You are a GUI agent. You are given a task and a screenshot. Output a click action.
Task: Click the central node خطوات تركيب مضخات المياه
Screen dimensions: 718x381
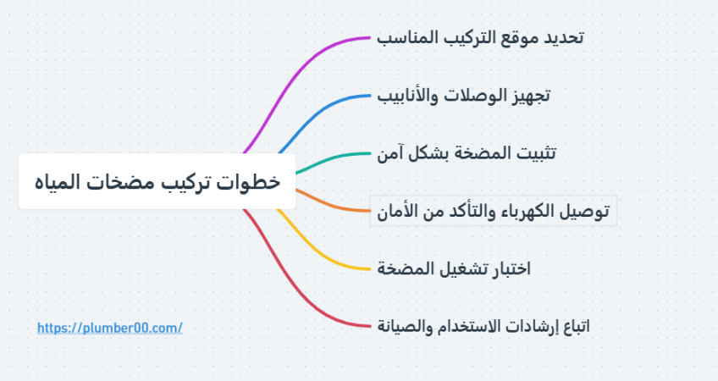pyautogui.click(x=157, y=181)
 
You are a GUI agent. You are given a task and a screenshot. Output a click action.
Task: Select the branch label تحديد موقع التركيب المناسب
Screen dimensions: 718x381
pyautogui.click(x=480, y=37)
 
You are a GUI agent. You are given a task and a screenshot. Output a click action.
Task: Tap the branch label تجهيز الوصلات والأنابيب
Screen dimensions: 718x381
pyautogui.click(x=463, y=96)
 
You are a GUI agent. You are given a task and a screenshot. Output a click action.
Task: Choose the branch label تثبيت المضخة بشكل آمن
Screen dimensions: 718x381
pyautogui.click(x=467, y=153)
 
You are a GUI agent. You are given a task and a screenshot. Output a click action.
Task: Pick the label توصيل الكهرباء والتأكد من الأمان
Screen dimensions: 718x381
pyautogui.click(x=493, y=211)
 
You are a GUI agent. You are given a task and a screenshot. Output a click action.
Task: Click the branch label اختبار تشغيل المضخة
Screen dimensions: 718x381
pyautogui.click(x=453, y=268)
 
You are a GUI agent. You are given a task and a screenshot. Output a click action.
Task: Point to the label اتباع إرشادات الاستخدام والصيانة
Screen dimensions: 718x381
pyautogui.click(x=483, y=327)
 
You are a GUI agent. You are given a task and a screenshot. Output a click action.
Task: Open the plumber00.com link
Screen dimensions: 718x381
pyautogui.click(x=110, y=328)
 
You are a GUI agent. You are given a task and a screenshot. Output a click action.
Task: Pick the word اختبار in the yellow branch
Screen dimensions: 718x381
pyautogui.click(x=509, y=268)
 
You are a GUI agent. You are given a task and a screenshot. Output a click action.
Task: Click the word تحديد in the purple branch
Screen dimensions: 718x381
pyautogui.click(x=564, y=37)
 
